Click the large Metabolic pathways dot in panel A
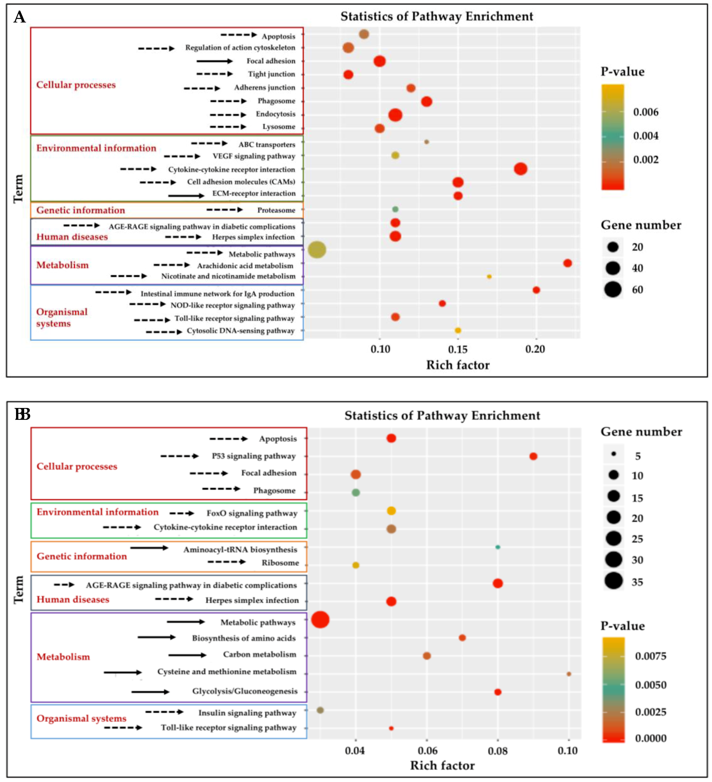pos(317,249)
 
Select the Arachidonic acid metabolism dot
pos(567,263)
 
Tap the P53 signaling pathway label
pos(254,456)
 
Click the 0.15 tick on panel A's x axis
pos(458,349)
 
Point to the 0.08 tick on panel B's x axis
pos(498,750)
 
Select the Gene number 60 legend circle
pos(613,289)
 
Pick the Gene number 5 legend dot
pos(614,453)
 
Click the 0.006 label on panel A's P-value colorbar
pos(646,112)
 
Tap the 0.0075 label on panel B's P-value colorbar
pos(650,656)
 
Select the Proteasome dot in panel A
pos(395,209)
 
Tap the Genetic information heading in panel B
pos(82,556)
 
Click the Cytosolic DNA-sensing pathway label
pos(241,330)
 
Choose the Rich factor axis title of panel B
pos(442,765)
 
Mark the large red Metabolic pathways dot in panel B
pos(320,619)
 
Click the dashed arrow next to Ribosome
pos(227,562)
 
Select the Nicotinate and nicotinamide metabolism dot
pos(489,277)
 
